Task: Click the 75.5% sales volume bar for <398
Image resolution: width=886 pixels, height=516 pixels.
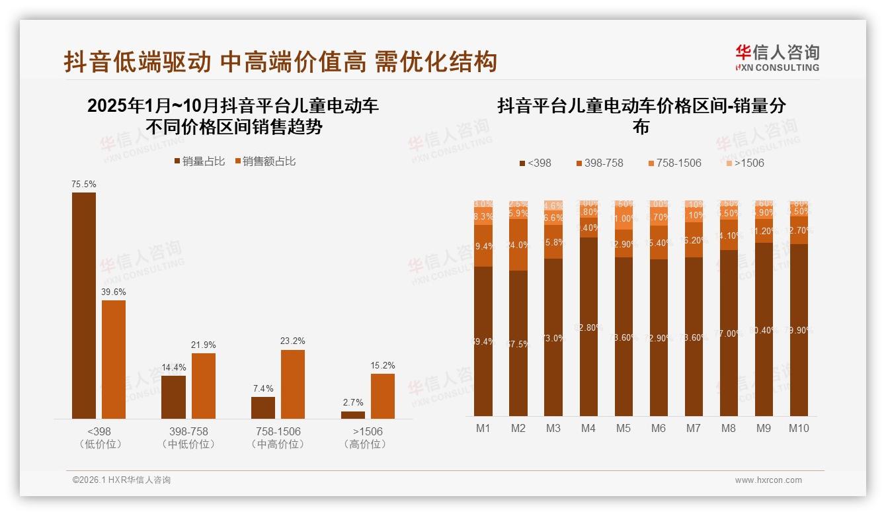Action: tap(84, 305)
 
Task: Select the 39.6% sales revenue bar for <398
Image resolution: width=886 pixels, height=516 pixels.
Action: tap(114, 359)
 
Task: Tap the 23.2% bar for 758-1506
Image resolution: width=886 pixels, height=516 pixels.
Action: tap(293, 384)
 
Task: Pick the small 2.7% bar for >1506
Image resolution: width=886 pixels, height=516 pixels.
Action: tap(353, 415)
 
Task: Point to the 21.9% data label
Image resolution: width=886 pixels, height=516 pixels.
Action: tap(204, 345)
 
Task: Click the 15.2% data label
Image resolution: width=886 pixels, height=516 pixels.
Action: tap(383, 365)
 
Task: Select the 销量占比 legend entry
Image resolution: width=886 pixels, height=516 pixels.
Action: tap(200, 161)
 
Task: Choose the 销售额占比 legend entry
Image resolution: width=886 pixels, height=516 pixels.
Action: tap(264, 161)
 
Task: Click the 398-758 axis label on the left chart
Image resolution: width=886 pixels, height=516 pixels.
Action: tap(188, 431)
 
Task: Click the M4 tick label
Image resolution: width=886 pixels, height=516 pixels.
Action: tap(588, 428)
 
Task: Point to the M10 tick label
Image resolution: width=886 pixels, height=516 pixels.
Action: tap(799, 428)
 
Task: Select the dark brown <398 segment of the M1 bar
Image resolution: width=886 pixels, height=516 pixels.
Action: tap(483, 341)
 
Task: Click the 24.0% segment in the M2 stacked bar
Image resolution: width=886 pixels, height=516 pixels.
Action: tap(518, 245)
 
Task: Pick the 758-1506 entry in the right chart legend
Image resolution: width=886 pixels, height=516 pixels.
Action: tap(674, 163)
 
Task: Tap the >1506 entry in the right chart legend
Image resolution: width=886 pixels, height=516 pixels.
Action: tap(745, 163)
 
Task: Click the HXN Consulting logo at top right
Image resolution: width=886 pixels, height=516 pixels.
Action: tap(778, 58)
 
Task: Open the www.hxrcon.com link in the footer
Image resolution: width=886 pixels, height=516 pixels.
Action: tap(768, 480)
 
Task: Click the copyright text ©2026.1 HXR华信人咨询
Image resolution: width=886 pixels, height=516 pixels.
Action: tap(122, 480)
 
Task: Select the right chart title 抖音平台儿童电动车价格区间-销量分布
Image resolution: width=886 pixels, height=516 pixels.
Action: tap(641, 116)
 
